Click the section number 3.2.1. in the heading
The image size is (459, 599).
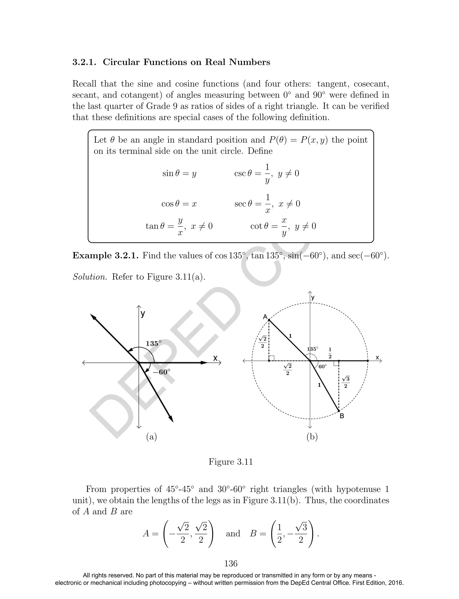pyautogui.click(x=84, y=62)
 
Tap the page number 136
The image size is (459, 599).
pyautogui.click(x=231, y=564)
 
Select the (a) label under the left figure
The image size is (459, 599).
pyautogui.click(x=152, y=437)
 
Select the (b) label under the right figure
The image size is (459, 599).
pyautogui.click(x=312, y=437)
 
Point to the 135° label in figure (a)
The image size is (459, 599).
pyautogui.click(x=153, y=344)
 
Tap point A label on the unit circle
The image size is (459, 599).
pyautogui.click(x=265, y=317)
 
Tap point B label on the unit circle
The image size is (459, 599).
pyautogui.click(x=342, y=416)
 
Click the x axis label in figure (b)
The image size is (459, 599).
pyautogui.click(x=377, y=357)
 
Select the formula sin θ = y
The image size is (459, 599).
pyautogui.click(x=179, y=173)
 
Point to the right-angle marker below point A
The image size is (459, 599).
pyautogui.click(x=272, y=358)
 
